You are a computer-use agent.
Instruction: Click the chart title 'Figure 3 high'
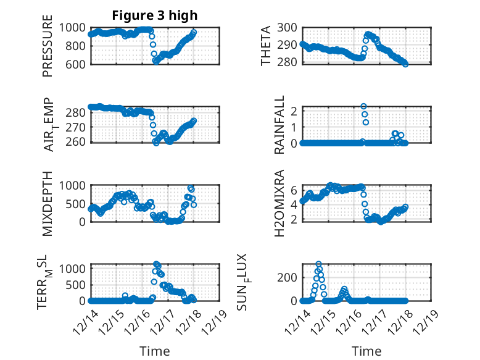click(x=154, y=15)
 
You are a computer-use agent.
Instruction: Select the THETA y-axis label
click(x=267, y=45)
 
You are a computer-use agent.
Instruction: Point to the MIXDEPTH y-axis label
click(x=48, y=203)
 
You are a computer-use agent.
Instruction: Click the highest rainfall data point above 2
click(x=364, y=107)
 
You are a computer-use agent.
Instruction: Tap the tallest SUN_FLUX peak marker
click(x=318, y=264)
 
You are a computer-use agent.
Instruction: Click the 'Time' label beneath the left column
click(x=155, y=351)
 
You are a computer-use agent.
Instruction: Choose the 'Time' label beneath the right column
click(x=366, y=351)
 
